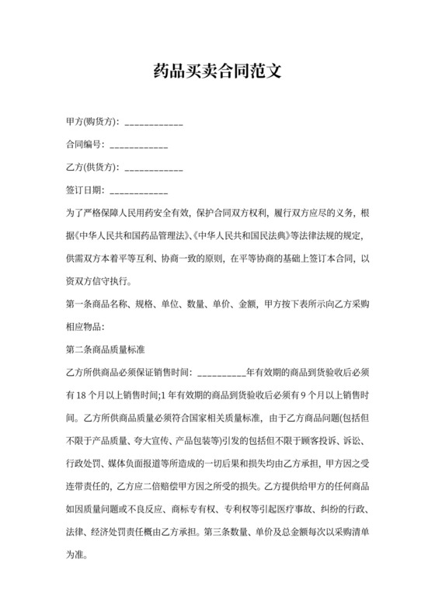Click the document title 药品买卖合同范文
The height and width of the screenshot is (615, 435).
coord(217,72)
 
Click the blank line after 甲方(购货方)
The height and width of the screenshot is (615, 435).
coord(154,123)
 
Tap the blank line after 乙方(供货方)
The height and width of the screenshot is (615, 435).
coord(154,168)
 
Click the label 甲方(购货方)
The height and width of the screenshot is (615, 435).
coord(92,123)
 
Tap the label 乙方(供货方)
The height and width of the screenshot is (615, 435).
coord(92,168)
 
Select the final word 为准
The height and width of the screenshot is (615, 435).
coord(78,557)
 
